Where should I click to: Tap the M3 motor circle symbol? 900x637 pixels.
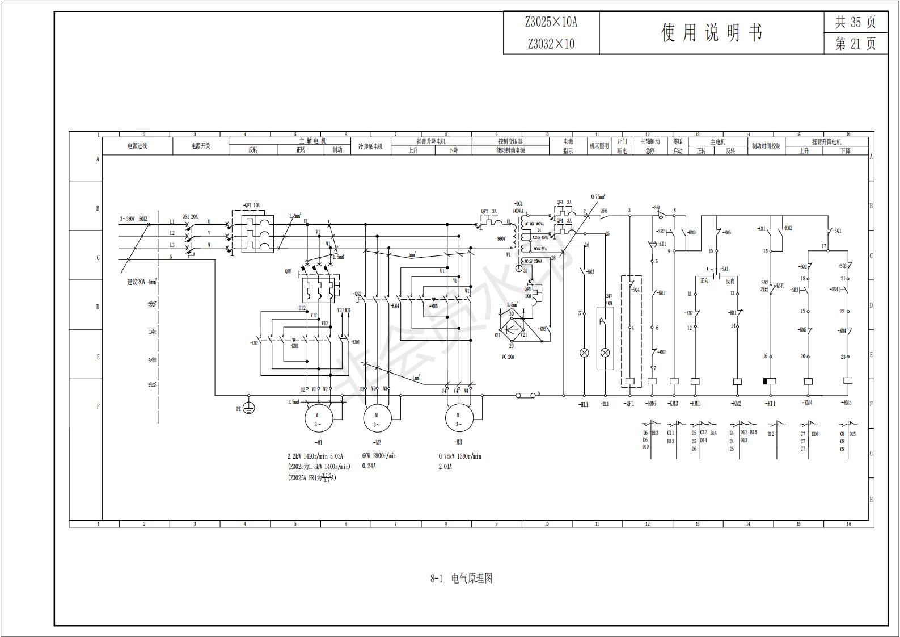458,419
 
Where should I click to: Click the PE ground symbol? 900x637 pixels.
248,408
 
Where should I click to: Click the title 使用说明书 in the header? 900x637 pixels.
711,33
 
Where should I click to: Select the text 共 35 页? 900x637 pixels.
855,22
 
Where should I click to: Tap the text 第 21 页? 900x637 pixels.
855,44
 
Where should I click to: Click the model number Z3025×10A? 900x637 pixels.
551,22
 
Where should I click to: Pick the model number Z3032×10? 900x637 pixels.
551,44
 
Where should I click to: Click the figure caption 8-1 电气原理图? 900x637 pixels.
461,579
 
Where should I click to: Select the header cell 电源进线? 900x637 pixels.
137,146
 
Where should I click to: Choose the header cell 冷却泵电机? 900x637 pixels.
371,146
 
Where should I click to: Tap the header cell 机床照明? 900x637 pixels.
599,146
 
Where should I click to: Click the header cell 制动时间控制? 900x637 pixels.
766,146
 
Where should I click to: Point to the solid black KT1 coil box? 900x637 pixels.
770,381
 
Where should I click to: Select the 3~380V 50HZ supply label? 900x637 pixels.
133,219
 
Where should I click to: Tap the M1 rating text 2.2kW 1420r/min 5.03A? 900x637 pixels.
315,456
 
